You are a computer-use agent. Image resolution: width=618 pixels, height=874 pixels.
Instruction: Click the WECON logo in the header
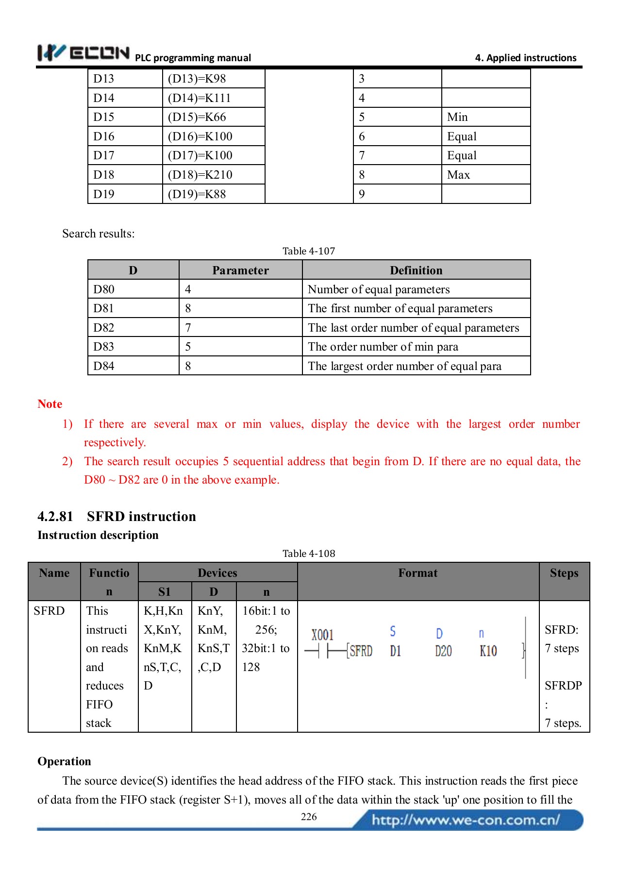point(84,52)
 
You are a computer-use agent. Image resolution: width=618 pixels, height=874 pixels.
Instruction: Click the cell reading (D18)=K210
point(200,175)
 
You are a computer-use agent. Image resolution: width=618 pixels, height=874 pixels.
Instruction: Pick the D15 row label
point(104,117)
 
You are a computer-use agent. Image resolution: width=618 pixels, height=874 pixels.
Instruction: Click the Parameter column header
point(240,270)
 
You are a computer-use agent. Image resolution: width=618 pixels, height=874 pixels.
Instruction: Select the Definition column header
point(416,270)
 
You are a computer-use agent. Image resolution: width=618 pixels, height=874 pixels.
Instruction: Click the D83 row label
point(104,347)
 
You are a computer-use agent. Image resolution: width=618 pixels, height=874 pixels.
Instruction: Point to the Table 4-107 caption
point(309,251)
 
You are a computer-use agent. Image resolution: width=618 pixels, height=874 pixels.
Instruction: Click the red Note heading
point(50,404)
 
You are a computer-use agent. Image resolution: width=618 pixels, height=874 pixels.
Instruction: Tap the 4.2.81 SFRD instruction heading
point(117,516)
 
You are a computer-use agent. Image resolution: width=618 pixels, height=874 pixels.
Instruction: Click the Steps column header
point(564,573)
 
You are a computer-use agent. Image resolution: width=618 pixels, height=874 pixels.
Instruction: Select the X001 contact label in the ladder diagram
point(322,635)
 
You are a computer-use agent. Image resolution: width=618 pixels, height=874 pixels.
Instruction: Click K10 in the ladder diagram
point(488,651)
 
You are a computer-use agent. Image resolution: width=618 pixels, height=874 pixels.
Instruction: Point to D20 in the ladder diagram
point(443,651)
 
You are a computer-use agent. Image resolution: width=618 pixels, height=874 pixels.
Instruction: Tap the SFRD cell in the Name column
point(49,611)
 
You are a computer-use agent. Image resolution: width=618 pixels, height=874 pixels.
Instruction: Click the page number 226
point(309,817)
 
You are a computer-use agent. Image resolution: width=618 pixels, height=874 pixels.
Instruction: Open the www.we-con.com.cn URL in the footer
point(466,820)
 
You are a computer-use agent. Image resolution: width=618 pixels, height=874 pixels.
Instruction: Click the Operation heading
point(64,761)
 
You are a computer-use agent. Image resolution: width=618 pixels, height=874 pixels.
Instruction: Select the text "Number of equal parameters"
point(379,289)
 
